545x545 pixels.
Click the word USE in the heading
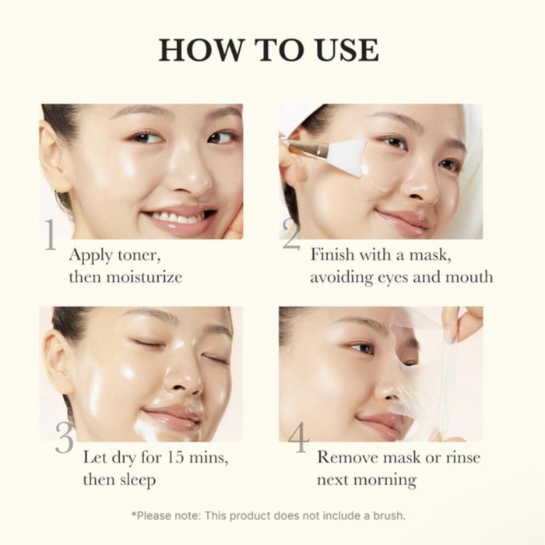[x=339, y=49]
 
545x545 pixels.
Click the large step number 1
[x=50, y=235]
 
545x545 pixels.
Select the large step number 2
[x=291, y=235]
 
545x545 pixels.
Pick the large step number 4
[x=298, y=438]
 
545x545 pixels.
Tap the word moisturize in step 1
[x=137, y=276]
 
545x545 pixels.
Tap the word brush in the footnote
[x=386, y=515]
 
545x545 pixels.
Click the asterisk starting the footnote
[x=134, y=515]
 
